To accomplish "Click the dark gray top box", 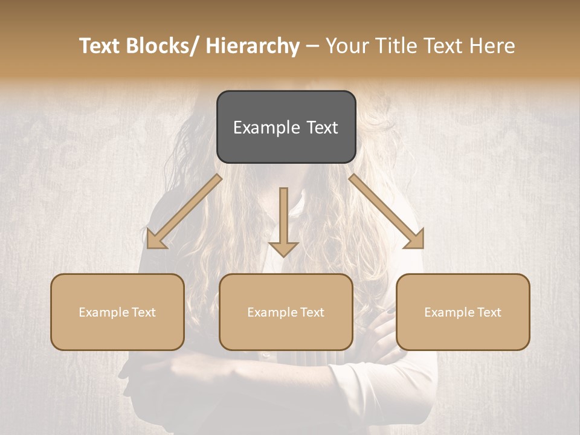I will (286, 127).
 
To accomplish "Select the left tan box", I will (117, 312).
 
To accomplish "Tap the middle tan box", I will (286, 312).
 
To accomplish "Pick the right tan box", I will (463, 312).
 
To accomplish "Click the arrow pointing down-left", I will (184, 211).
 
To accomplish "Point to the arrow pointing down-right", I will (387, 211).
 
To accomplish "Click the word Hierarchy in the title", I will (252, 47).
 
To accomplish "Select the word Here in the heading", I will (492, 47).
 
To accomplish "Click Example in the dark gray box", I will (266, 127).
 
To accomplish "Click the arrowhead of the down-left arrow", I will (156, 239).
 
